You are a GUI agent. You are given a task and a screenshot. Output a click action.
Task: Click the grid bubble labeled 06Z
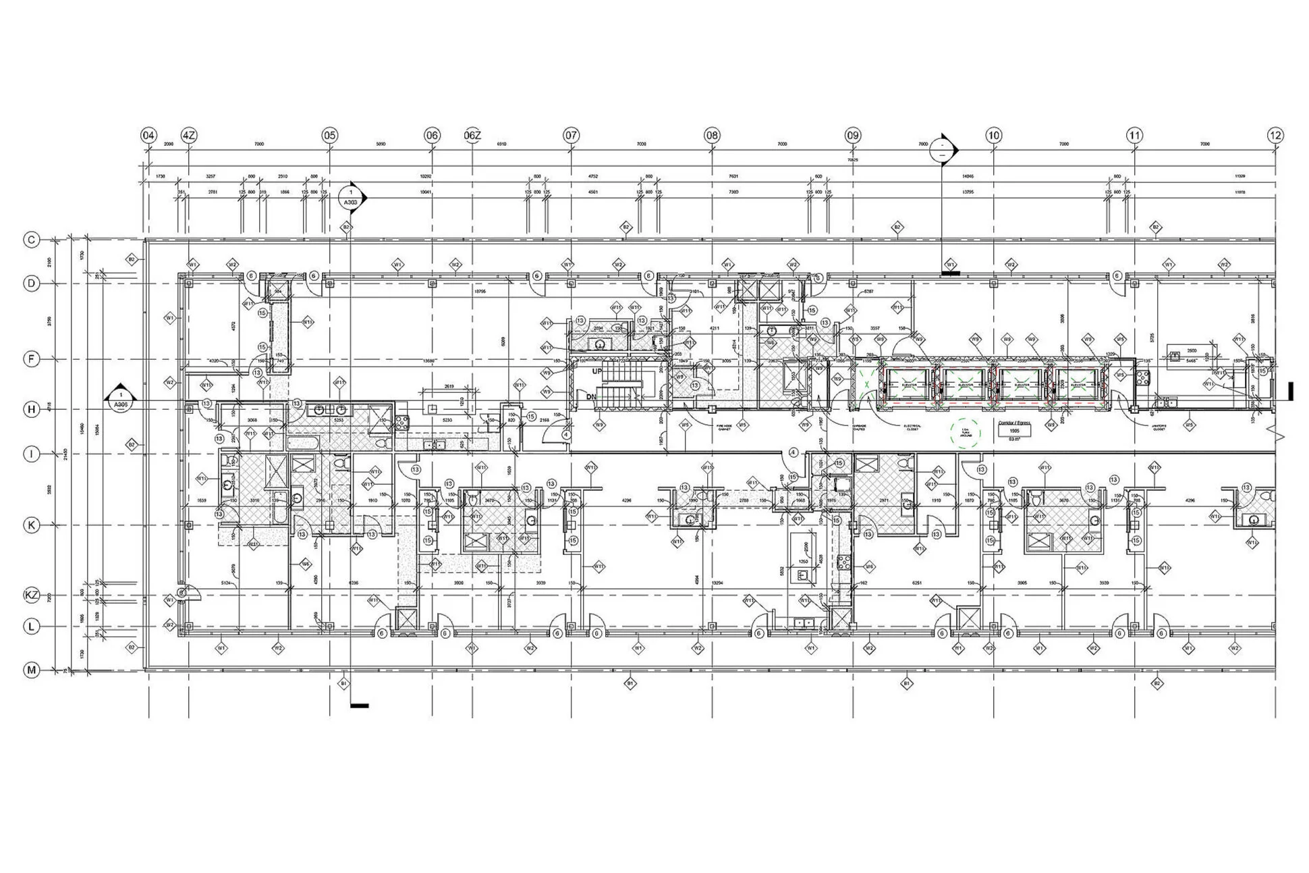[472, 136]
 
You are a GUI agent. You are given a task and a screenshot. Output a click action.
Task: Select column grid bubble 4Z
[189, 136]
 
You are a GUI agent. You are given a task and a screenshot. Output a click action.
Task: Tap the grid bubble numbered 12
[1275, 136]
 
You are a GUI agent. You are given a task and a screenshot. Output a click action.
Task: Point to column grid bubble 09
[853, 136]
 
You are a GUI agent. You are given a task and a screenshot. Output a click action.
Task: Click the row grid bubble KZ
[32, 596]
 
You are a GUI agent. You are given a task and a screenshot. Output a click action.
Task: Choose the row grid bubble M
[32, 670]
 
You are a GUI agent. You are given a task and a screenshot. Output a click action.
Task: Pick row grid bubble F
[32, 359]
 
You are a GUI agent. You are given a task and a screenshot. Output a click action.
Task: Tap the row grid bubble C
[32, 240]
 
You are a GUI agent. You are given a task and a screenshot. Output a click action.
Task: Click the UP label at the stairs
[597, 372]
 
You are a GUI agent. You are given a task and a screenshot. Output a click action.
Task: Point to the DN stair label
[592, 397]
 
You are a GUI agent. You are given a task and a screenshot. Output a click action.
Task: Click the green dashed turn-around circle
[966, 432]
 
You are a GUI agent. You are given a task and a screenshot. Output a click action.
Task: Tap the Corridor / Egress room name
[1014, 423]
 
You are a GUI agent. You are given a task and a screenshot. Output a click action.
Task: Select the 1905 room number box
[1014, 431]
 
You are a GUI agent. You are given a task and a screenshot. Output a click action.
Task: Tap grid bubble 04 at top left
[148, 136]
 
